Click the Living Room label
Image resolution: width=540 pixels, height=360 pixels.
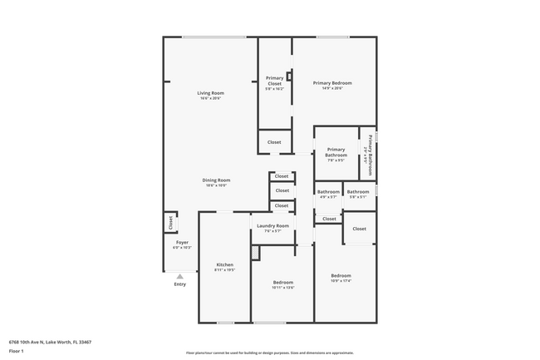point(210,92)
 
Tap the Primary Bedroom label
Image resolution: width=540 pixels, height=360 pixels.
point(331,83)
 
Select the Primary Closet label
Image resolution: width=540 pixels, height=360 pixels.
point(274,81)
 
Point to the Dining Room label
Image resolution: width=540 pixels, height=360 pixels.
point(216,180)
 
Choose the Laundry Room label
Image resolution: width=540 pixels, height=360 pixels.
point(272,225)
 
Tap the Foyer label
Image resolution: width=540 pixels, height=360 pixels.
point(181,242)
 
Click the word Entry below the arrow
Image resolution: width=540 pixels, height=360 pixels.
point(179,284)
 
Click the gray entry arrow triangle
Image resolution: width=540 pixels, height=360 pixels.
point(179,276)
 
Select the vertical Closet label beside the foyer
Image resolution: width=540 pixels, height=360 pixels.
point(170,222)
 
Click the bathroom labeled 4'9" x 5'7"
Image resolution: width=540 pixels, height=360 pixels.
point(327,194)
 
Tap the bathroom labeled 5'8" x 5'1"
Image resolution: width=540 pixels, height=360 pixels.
point(359,194)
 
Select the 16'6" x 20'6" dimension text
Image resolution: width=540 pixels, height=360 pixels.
point(210,98)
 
